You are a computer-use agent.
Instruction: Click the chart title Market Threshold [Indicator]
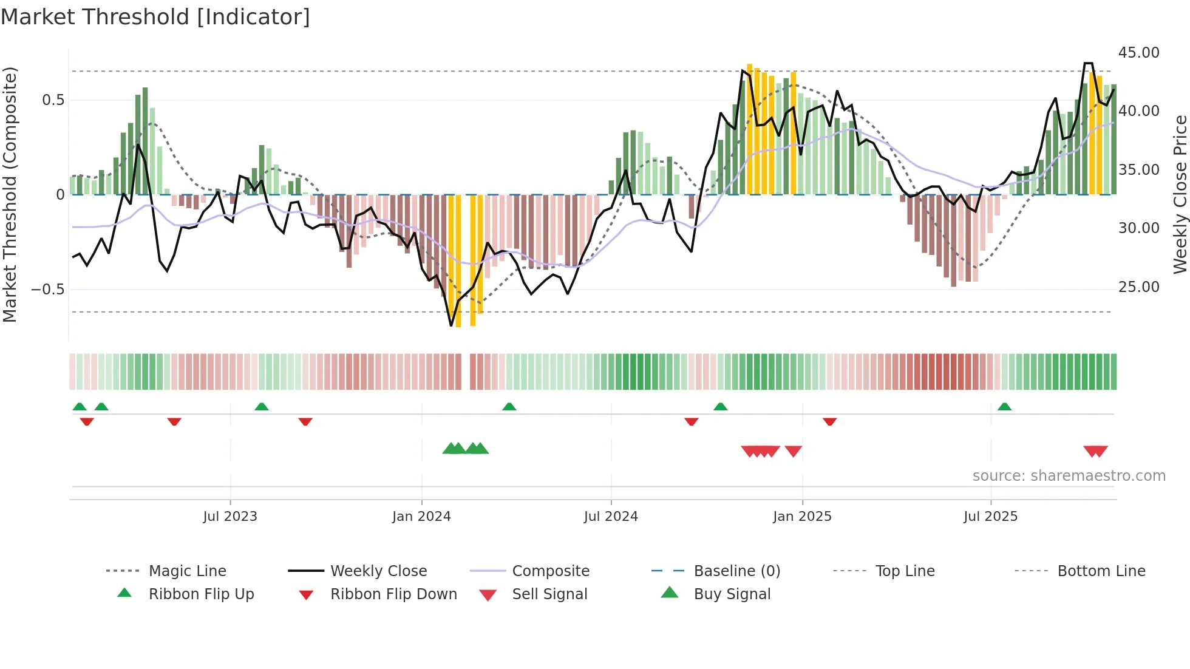[x=155, y=17]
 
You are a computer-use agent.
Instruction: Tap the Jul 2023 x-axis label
[x=230, y=517]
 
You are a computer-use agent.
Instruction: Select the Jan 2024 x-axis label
[x=421, y=517]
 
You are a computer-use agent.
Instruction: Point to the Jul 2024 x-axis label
[x=611, y=517]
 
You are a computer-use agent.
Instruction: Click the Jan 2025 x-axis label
[x=802, y=517]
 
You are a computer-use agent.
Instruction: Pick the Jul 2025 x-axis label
[x=990, y=517]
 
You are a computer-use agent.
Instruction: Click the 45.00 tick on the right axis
[x=1138, y=53]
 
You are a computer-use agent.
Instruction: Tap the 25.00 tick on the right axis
[x=1138, y=287]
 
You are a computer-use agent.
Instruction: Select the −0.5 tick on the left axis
[x=48, y=289]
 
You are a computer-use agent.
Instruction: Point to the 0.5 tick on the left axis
[x=53, y=100]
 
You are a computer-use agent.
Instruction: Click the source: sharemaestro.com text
[x=1069, y=476]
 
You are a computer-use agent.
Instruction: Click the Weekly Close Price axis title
[x=1180, y=194]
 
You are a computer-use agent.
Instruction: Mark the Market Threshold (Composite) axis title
[x=10, y=194]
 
